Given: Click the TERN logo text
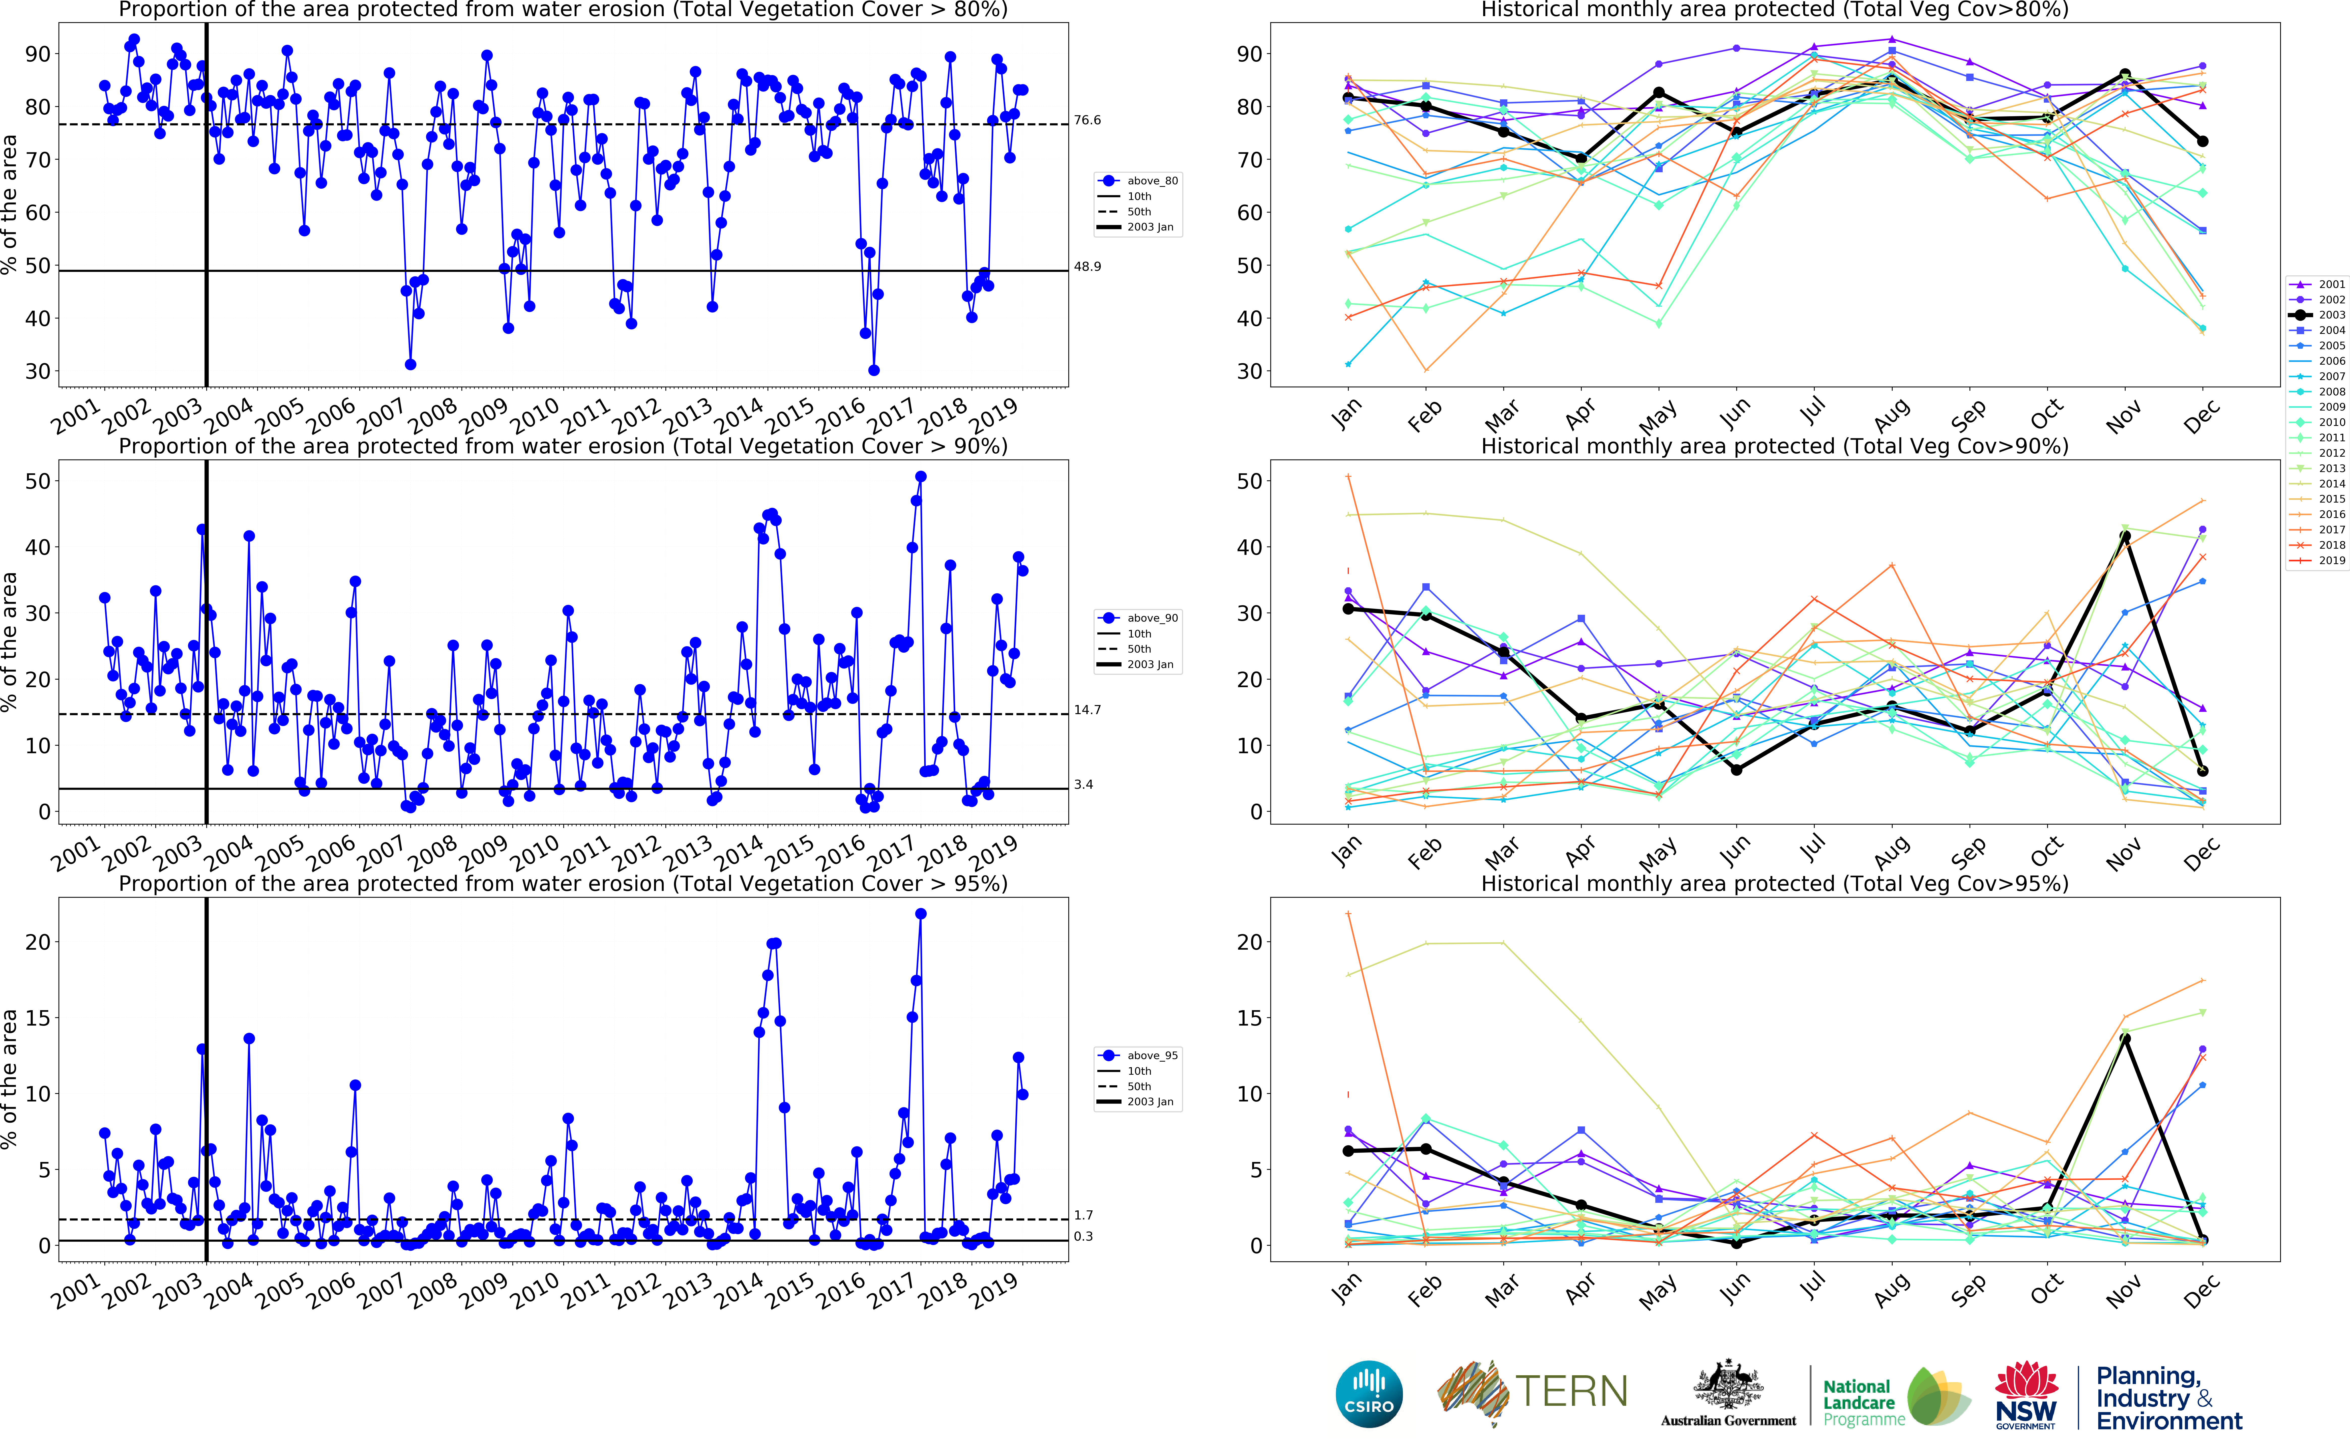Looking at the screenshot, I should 1571,1391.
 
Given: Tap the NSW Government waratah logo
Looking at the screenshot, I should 2025,1394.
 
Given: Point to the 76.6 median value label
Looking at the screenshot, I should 1087,120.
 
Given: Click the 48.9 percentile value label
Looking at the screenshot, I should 1087,267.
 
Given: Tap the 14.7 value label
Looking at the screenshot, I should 1087,710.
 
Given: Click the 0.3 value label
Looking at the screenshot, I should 1083,1236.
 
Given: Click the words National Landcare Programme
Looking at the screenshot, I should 1863,1402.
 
